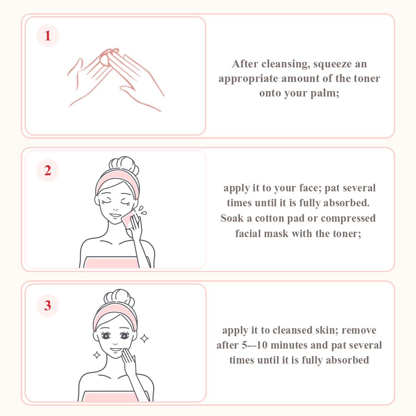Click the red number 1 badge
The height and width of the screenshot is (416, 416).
[x=47, y=35]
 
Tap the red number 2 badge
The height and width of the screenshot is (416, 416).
[x=47, y=170]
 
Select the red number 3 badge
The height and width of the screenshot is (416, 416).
[x=47, y=305]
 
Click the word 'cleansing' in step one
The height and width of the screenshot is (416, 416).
[x=285, y=64]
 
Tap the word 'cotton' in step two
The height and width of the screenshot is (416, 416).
[x=270, y=218]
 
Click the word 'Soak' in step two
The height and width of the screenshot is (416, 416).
[x=232, y=218]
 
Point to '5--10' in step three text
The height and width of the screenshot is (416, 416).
[x=255, y=345]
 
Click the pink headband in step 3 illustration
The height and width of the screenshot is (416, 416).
[x=115, y=313]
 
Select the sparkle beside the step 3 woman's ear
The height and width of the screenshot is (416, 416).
[x=144, y=339]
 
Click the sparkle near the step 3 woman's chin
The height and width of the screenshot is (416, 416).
[x=97, y=355]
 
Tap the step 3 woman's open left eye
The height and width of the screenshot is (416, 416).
[x=124, y=336]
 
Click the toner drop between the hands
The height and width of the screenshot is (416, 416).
[x=104, y=59]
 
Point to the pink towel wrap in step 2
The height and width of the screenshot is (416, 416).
[x=111, y=262]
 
